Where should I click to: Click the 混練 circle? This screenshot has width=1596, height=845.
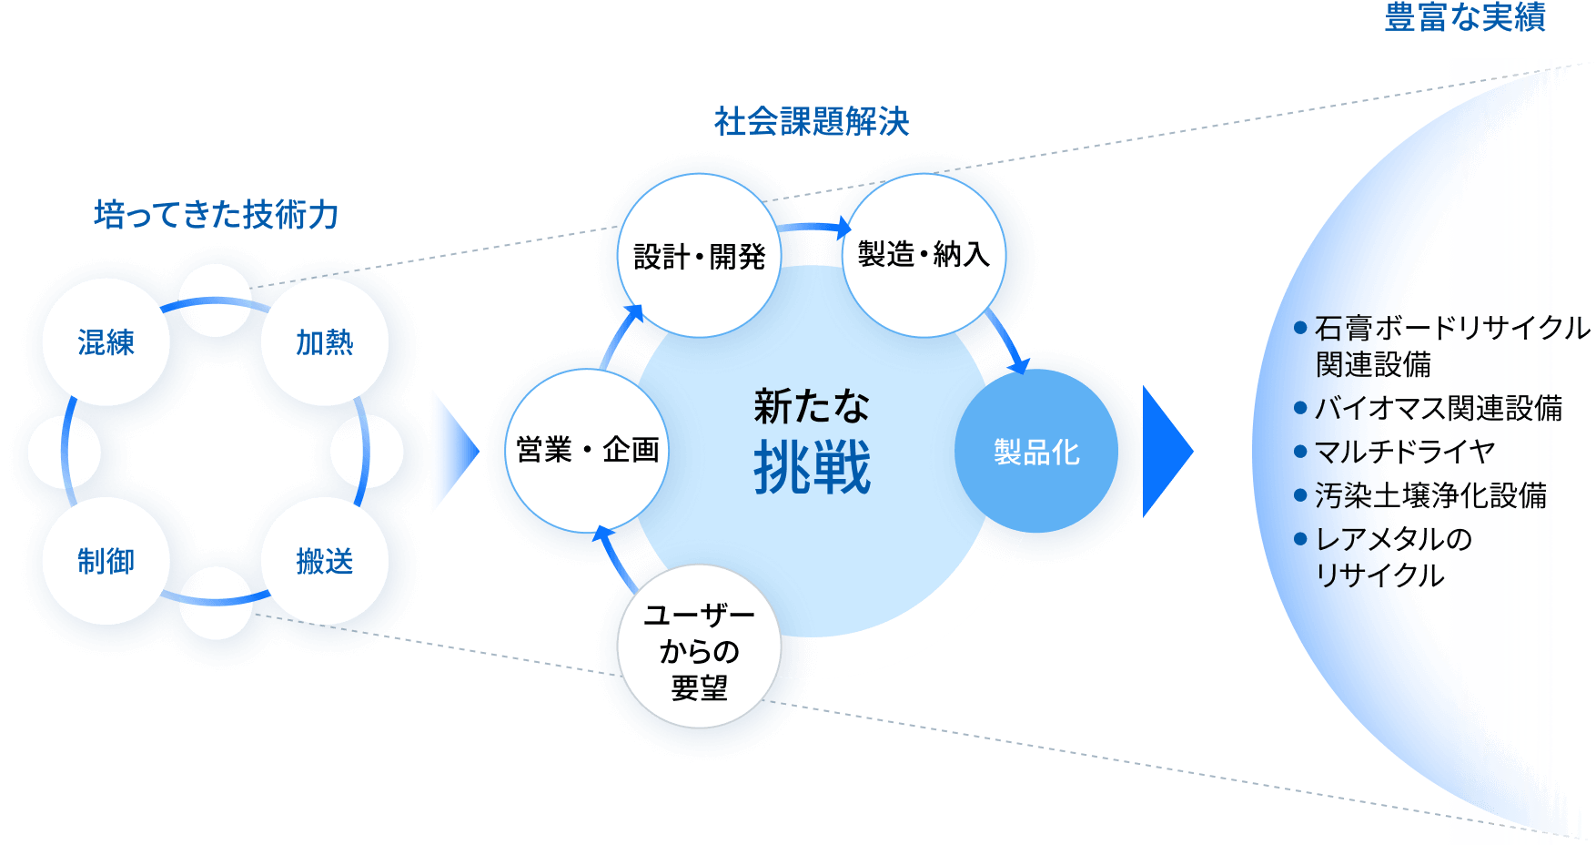106,342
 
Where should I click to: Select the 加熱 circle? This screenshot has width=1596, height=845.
324,342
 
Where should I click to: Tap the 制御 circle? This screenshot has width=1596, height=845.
106,561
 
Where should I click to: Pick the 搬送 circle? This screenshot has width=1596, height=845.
324,561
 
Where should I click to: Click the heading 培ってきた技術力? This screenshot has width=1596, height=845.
217,215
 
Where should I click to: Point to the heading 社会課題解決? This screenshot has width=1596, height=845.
812,121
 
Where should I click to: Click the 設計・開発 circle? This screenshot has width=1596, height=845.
699,257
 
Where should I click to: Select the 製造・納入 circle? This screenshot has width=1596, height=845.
924,254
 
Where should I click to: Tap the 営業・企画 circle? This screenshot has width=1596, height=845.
587,450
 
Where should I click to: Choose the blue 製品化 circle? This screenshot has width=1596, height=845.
1036,452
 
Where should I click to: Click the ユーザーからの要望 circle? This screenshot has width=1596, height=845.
699,650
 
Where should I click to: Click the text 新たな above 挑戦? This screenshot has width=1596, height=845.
812,406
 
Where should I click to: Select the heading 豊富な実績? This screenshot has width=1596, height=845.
1465,17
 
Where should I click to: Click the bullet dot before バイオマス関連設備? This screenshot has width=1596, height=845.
1300,408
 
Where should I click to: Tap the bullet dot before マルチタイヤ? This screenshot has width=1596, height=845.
1300,452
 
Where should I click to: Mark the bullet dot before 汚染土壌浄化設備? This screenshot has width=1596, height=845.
1300,495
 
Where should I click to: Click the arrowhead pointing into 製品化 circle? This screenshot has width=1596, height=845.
1020,366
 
